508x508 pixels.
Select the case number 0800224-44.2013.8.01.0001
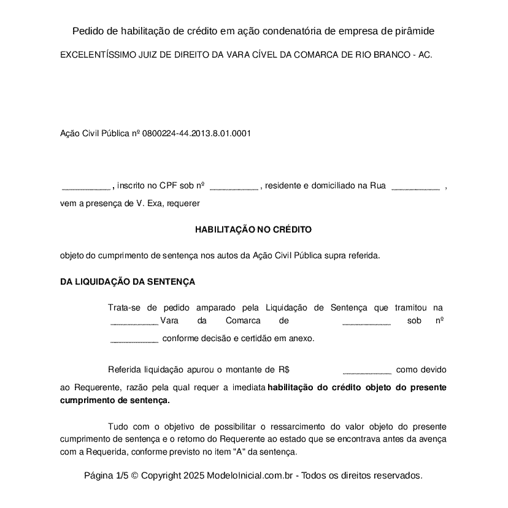pos(196,133)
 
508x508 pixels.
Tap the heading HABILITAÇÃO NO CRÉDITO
pos(253,229)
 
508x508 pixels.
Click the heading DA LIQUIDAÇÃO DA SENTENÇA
pos(128,282)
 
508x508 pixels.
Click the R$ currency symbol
pos(283,370)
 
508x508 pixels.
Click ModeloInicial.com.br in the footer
pos(252,475)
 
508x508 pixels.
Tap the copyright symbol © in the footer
pos(134,475)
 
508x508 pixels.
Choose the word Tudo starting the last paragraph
pos(118,426)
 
